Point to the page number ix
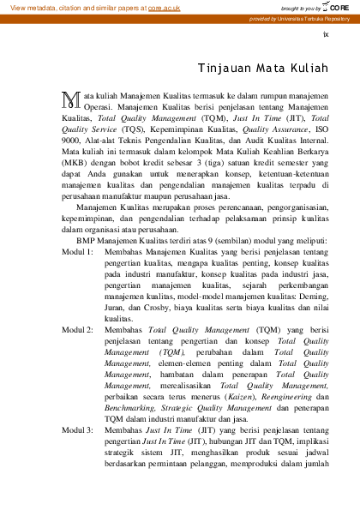tap(325, 34)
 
